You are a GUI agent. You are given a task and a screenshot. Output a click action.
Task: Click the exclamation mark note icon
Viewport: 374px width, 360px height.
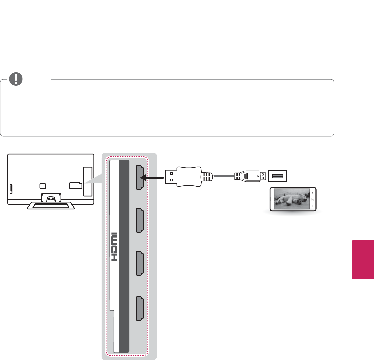(15, 79)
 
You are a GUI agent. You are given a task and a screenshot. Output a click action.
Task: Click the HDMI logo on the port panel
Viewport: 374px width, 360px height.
(115, 247)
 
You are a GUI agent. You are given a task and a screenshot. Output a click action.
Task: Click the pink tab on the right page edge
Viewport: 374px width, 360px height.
(363, 260)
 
